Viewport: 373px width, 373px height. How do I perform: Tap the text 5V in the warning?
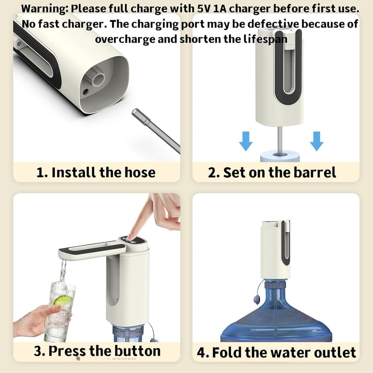pos(204,9)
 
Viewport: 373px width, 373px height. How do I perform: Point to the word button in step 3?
pos(137,351)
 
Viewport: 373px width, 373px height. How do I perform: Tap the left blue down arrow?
pos(246,141)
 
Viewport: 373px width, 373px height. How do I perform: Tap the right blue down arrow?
pos(317,141)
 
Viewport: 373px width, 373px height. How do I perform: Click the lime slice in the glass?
pos(63,300)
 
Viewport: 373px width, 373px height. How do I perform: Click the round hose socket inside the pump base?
pos(98,79)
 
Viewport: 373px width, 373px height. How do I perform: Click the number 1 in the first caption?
pos(41,172)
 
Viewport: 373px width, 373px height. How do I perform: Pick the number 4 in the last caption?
pos(201,352)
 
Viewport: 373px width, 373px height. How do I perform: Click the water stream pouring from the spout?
pos(63,271)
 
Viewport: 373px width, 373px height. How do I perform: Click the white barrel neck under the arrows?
pos(280,156)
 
